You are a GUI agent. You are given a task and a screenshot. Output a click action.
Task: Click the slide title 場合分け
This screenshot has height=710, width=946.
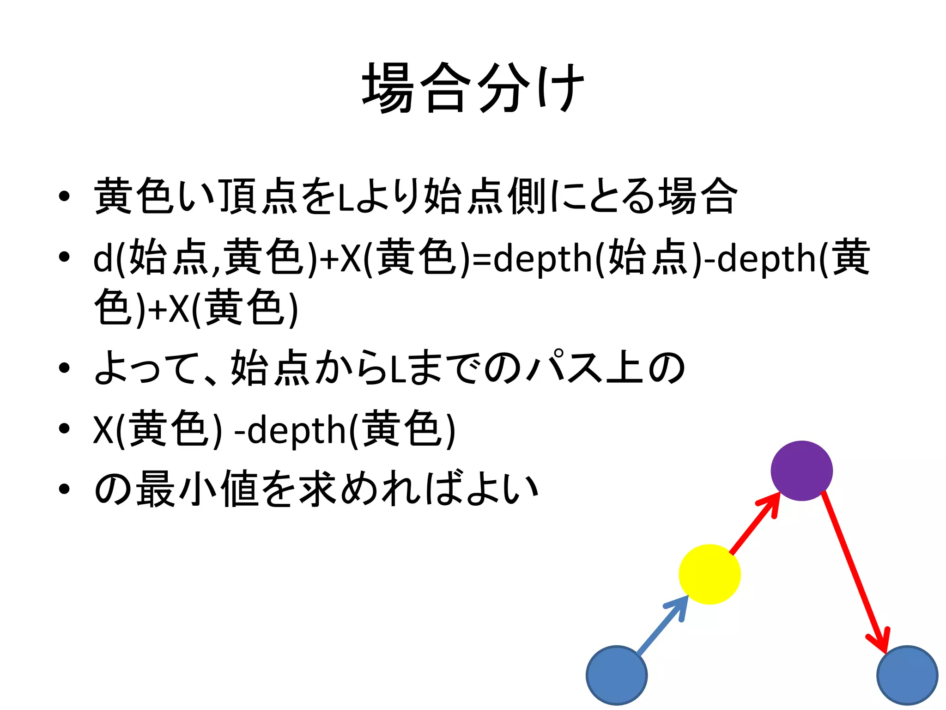473,88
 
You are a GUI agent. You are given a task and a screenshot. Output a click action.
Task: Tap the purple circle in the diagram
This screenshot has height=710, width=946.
801,471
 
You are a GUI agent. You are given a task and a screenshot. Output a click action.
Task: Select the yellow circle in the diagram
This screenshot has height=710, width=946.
709,574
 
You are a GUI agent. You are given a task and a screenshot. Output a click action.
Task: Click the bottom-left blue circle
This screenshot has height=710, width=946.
617,675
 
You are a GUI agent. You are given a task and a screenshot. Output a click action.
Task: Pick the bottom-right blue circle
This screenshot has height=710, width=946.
907,675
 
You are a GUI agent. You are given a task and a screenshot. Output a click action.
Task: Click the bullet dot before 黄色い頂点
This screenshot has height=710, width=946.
64,196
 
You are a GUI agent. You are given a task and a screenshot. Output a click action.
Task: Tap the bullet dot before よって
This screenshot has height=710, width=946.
64,368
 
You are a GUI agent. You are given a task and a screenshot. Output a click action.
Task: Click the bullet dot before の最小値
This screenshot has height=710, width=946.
64,489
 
